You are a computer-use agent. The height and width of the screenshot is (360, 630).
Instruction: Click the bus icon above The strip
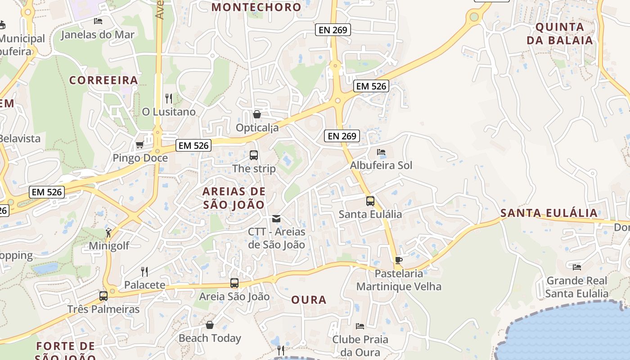tap(254, 155)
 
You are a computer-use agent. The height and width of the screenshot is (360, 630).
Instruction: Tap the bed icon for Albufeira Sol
tap(381, 152)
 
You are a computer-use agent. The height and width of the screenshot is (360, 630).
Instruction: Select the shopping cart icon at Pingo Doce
tap(139, 145)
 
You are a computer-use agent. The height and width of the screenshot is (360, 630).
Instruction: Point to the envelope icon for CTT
tap(276, 219)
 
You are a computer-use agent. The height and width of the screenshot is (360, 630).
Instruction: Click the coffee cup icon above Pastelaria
tap(398, 260)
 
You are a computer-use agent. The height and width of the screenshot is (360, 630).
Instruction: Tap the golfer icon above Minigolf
tap(108, 232)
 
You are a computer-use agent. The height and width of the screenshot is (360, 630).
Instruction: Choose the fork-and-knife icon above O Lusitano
tap(169, 98)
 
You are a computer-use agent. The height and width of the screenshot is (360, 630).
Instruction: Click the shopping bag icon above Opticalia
tap(257, 114)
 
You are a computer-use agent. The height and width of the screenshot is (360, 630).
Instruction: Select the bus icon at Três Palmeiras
tap(103, 296)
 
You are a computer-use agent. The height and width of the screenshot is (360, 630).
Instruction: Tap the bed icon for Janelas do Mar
tap(98, 21)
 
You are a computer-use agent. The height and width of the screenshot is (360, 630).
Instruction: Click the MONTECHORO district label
tap(256, 7)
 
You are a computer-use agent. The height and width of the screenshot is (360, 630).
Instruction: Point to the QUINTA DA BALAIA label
tap(560, 33)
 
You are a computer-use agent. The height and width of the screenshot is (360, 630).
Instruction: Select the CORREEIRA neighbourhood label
tap(103, 80)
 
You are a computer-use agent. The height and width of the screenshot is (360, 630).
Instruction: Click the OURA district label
tap(309, 300)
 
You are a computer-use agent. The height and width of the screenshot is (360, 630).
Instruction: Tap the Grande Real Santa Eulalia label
tap(577, 287)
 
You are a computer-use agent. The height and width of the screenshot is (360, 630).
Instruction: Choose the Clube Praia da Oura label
tap(360, 346)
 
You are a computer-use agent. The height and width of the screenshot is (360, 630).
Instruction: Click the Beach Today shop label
tap(210, 338)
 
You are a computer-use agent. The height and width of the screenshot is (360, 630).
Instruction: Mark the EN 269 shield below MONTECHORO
tap(333, 30)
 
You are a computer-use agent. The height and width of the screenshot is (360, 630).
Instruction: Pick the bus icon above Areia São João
tap(234, 283)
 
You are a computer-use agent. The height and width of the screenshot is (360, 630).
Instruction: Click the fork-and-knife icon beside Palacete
tap(144, 271)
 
